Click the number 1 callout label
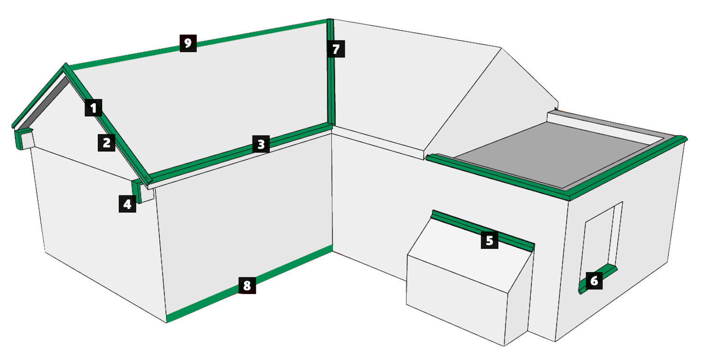point(94,107)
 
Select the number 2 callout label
point(106,143)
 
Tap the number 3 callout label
point(261,144)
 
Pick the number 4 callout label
point(127,204)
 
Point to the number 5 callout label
point(489,240)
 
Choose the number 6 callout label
point(594,281)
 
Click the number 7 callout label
point(336,49)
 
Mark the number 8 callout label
point(247,285)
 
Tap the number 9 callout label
point(188,43)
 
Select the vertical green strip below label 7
point(331,89)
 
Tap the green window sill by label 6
point(598,279)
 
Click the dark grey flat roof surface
point(553,153)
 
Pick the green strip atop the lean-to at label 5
point(483,230)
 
